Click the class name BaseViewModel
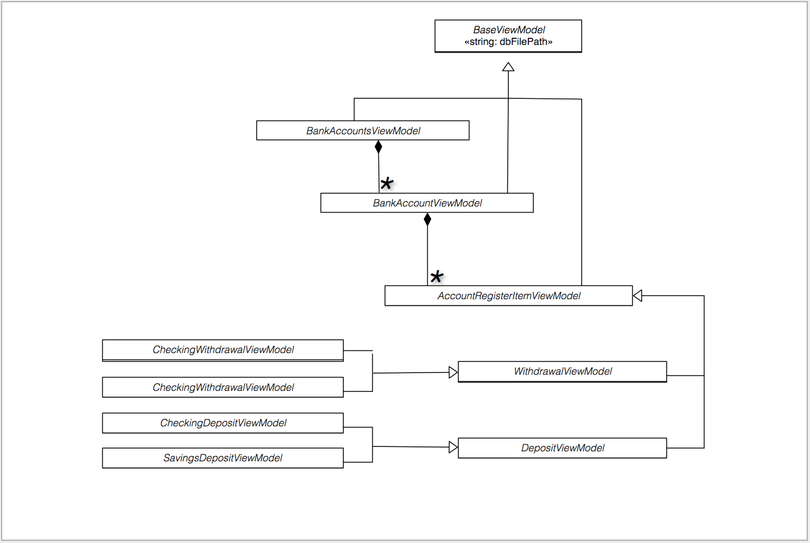pyautogui.click(x=509, y=29)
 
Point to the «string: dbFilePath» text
pyautogui.click(x=508, y=42)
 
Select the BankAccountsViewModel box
pyautogui.click(x=363, y=130)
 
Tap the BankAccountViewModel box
pyautogui.click(x=427, y=203)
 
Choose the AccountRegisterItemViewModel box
pyautogui.click(x=508, y=296)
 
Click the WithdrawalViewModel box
pyautogui.click(x=562, y=371)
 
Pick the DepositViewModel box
pyautogui.click(x=562, y=448)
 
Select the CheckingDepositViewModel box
pyautogui.click(x=223, y=423)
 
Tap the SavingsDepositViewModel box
pyautogui.click(x=223, y=458)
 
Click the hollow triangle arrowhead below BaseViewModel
pyautogui.click(x=508, y=67)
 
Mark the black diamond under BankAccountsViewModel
pyautogui.click(x=378, y=147)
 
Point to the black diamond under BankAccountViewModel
pyautogui.click(x=427, y=219)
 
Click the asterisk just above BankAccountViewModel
pyautogui.click(x=387, y=183)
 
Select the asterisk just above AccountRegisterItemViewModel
pyautogui.click(x=437, y=276)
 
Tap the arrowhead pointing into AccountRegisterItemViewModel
pyautogui.click(x=638, y=295)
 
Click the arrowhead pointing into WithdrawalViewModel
pyautogui.click(x=453, y=372)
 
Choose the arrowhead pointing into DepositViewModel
pyautogui.click(x=453, y=448)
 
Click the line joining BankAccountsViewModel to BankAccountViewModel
pyautogui.click(x=378, y=173)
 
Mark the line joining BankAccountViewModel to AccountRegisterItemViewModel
pyautogui.click(x=427, y=256)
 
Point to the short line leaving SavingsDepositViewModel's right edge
pyautogui.click(x=358, y=462)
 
